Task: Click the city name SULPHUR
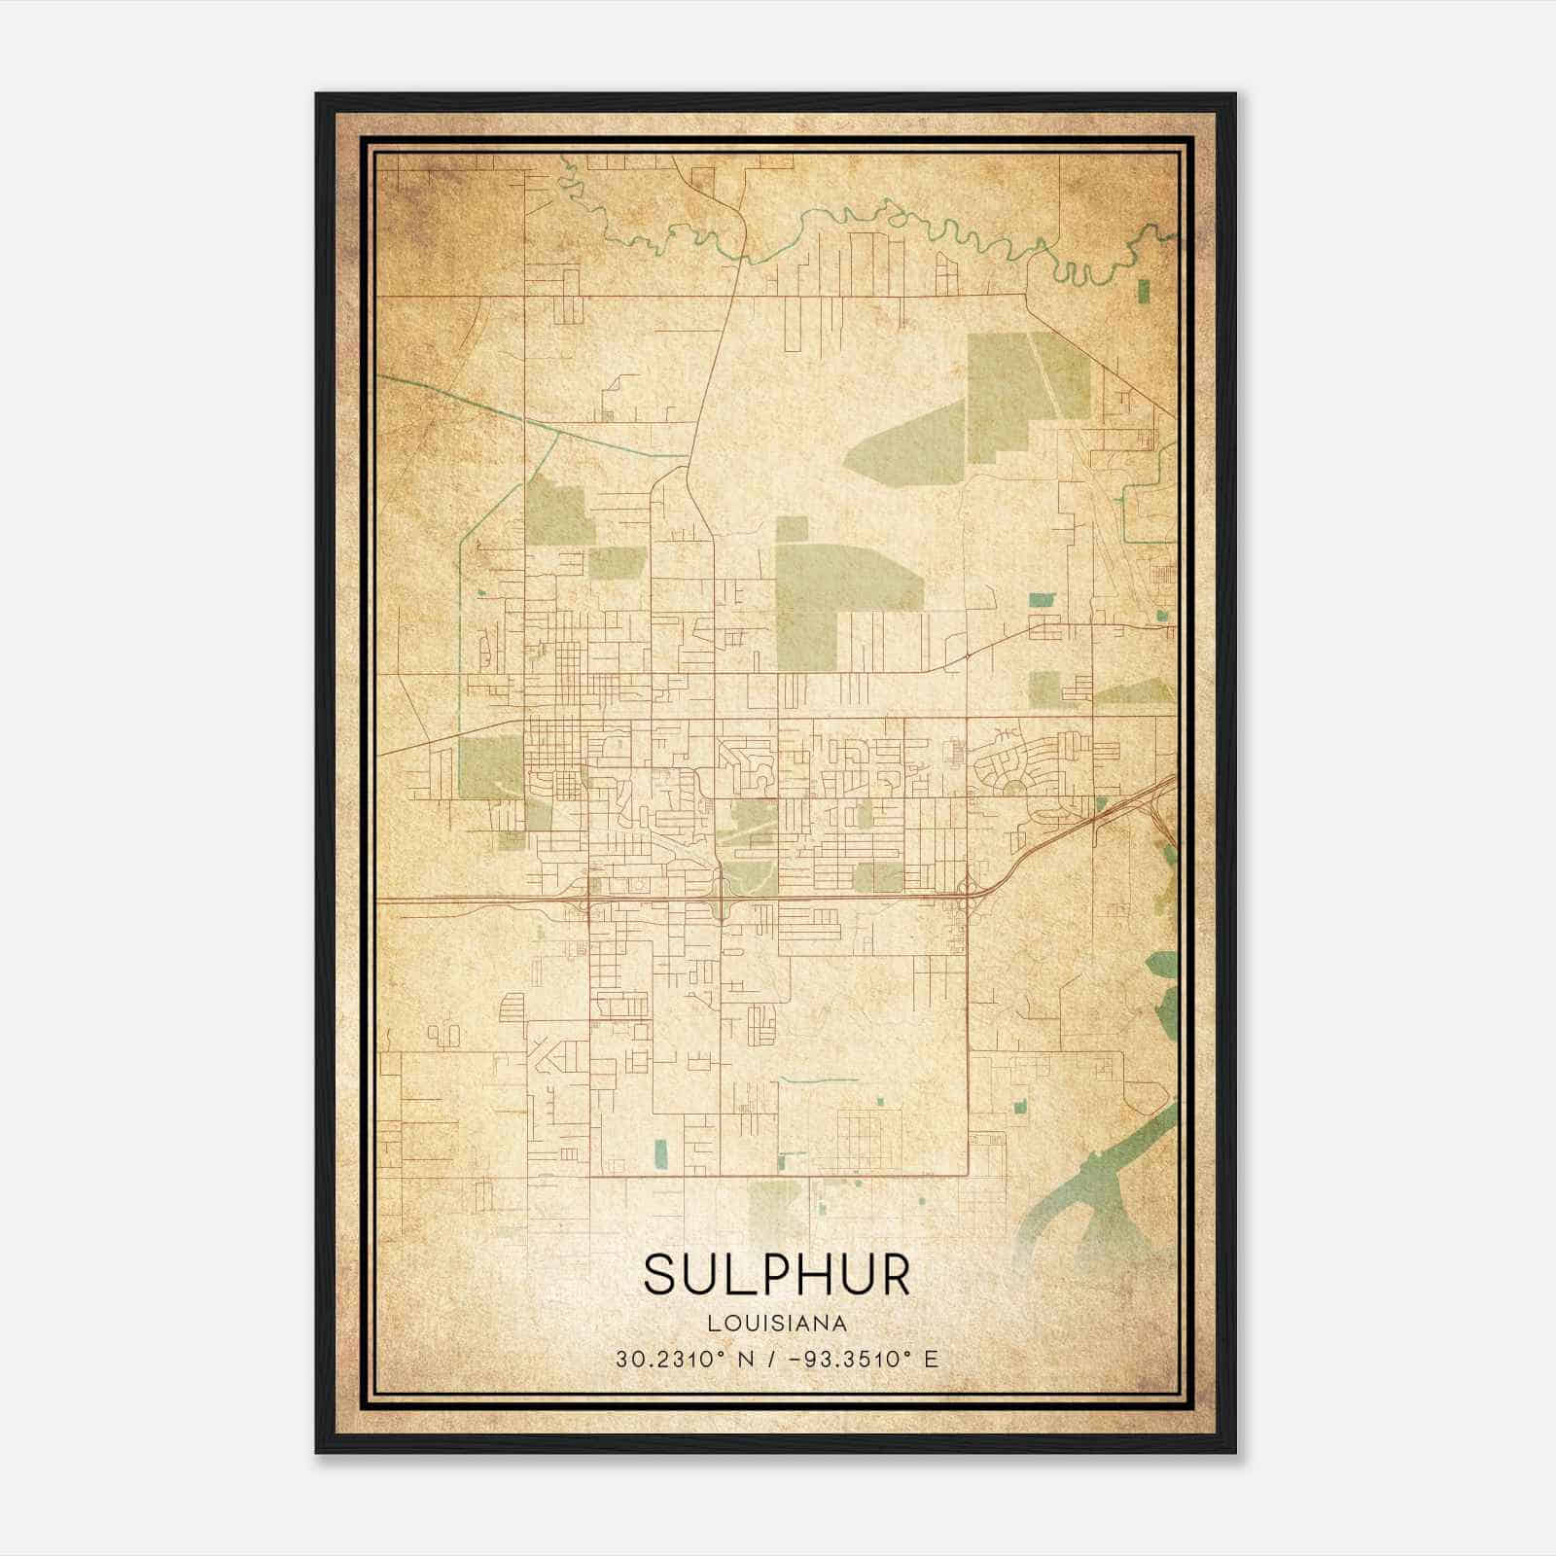tap(777, 1274)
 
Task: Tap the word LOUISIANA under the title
tap(777, 1324)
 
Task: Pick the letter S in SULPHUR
tap(658, 1274)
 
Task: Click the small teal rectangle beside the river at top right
tap(1143, 291)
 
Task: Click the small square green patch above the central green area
tap(792, 529)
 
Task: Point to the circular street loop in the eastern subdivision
tap(1013, 784)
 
